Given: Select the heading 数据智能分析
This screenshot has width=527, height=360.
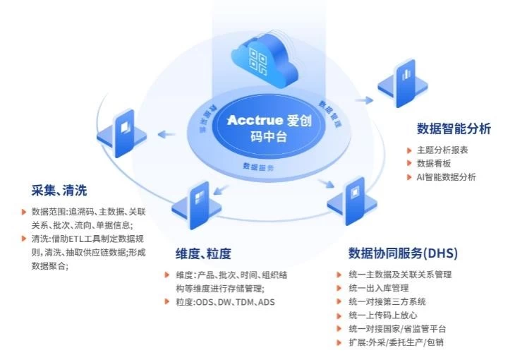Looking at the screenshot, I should point(454,128).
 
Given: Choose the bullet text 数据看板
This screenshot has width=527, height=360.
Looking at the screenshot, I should point(432,164).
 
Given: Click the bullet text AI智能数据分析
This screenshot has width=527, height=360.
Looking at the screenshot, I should point(447,177).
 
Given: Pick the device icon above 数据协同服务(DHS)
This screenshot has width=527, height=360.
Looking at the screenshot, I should point(353,199).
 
